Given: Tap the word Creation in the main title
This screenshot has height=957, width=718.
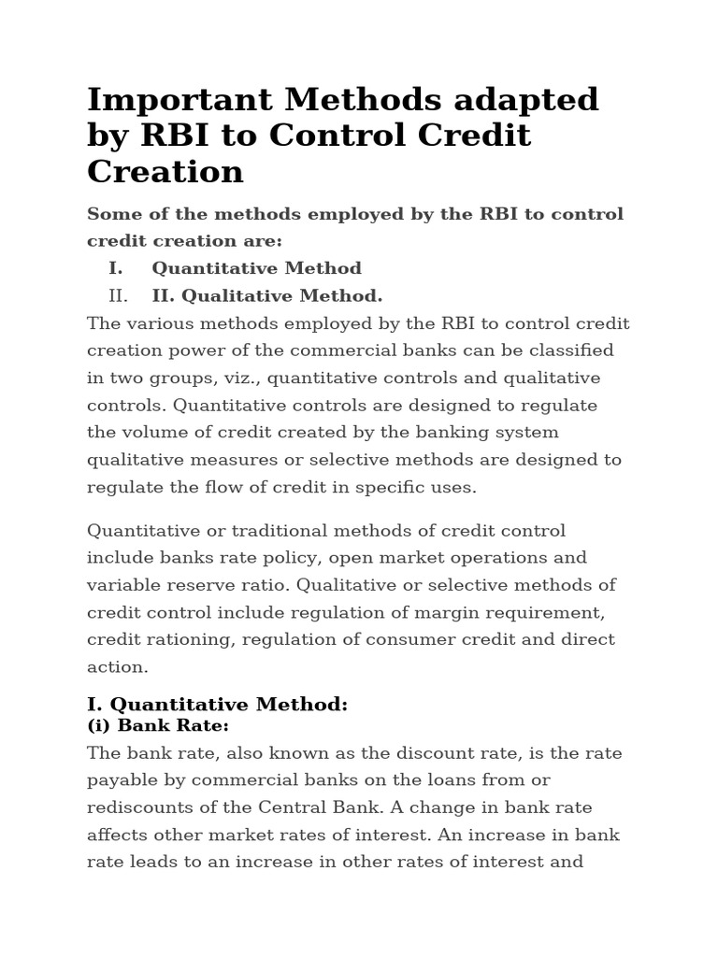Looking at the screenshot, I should [x=165, y=171].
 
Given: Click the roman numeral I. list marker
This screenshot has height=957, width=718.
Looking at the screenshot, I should [x=116, y=268].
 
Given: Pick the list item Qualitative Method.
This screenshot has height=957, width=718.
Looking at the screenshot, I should [x=267, y=296].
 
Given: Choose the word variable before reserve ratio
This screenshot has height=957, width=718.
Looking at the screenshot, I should [x=122, y=585].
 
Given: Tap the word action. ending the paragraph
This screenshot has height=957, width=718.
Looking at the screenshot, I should [x=118, y=667].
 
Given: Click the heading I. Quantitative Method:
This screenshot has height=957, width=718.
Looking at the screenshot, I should [x=217, y=705].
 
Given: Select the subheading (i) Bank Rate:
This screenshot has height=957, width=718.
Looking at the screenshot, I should [x=158, y=725].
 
